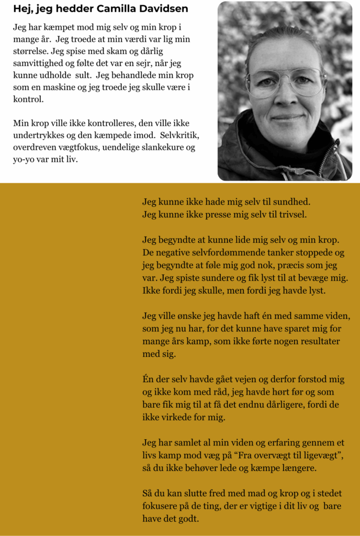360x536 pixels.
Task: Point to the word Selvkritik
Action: pos(178,136)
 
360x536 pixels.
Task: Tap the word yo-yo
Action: pos(24,160)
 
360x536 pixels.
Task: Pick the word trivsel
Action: pos(290,214)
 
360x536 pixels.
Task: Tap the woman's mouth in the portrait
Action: pos(287,117)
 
